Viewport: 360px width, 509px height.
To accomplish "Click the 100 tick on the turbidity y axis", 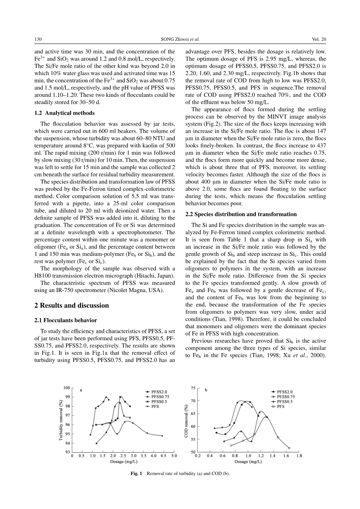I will tap(67, 388).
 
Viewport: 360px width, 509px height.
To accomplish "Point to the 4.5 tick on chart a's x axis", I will tap(163, 456).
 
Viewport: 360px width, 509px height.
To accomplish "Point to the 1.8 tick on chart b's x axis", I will tap(299, 456).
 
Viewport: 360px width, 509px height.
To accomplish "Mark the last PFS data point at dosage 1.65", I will tap(289, 448).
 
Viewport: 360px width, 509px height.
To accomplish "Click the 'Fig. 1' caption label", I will tap(137, 474).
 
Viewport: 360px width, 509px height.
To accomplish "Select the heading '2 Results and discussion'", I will tap(72, 305).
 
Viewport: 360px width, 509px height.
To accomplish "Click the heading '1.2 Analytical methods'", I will tap(64, 113).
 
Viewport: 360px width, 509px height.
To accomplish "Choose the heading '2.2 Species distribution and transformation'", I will tap(241, 214).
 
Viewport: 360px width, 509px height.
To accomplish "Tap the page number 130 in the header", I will tap(38, 39).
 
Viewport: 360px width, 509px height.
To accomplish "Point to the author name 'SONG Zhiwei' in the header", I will tap(174, 39).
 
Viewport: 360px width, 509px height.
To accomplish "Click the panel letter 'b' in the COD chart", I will tap(206, 390).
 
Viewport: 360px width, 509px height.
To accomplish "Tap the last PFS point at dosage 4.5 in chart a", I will tap(162, 436).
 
